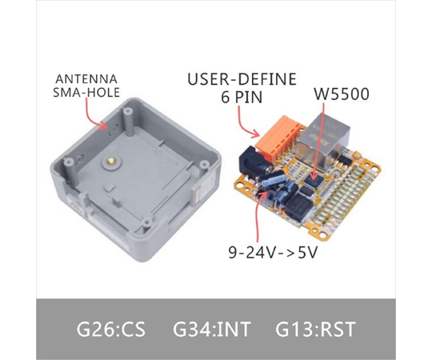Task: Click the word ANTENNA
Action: (x=86, y=79)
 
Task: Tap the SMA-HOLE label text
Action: (x=86, y=92)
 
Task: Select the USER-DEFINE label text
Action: (x=242, y=79)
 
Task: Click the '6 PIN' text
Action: (x=242, y=97)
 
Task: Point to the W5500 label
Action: (x=342, y=94)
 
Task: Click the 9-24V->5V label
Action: (x=273, y=252)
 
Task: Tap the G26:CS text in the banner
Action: (x=110, y=329)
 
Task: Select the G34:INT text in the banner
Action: (x=211, y=329)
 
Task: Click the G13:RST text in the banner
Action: (x=315, y=329)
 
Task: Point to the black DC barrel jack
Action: (x=254, y=159)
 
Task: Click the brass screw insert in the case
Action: (x=111, y=160)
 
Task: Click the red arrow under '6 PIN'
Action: (x=244, y=124)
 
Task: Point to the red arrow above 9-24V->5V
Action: (x=259, y=216)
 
